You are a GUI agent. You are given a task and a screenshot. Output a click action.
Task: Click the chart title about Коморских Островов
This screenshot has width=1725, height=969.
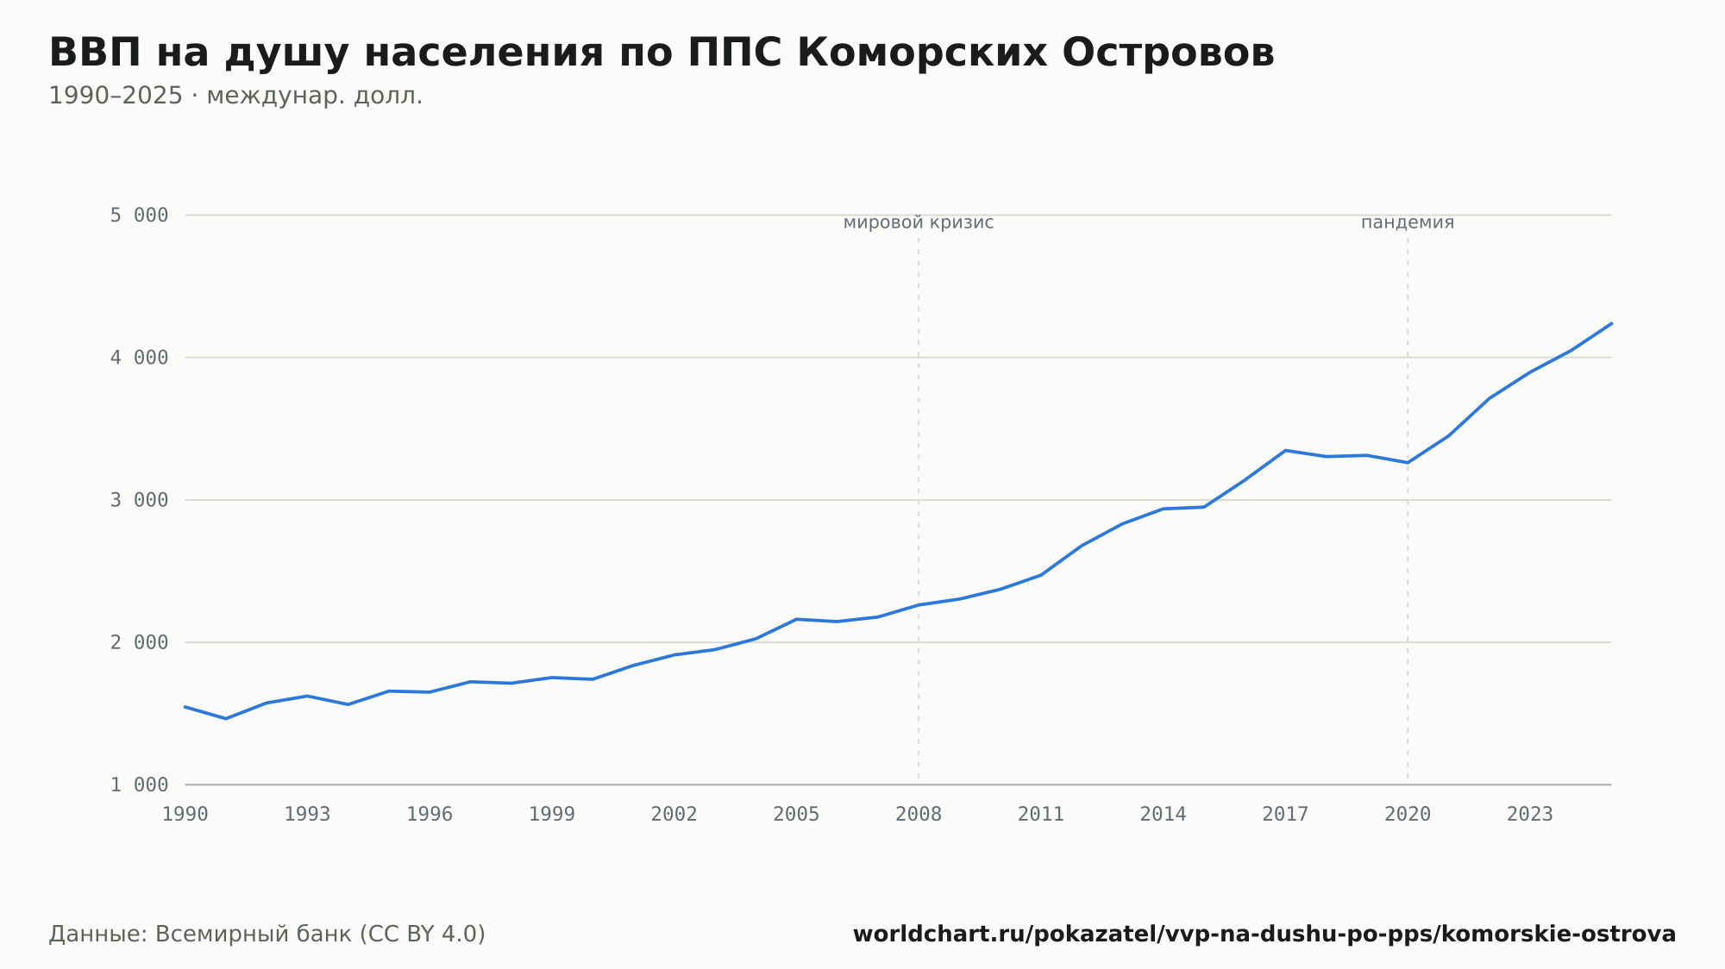point(662,53)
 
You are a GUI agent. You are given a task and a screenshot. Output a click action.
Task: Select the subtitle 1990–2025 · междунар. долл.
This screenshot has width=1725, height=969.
point(235,96)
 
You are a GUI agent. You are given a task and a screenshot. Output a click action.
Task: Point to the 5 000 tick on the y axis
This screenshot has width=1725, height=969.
point(139,216)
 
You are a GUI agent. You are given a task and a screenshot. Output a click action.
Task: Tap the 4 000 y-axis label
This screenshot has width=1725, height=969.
point(139,358)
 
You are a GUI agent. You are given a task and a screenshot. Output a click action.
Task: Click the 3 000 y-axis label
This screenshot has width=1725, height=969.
point(139,500)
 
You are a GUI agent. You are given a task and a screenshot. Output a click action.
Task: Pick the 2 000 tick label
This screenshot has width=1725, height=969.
point(139,642)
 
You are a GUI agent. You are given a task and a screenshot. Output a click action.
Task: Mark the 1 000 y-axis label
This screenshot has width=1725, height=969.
point(139,785)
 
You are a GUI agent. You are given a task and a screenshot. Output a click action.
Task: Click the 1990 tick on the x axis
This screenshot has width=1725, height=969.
point(185,815)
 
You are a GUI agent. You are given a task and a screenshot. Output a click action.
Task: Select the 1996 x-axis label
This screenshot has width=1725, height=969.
point(430,815)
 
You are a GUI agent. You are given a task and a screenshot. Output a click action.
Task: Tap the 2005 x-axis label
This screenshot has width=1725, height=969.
point(796,815)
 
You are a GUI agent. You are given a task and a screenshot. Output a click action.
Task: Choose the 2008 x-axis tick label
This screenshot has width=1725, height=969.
point(919,815)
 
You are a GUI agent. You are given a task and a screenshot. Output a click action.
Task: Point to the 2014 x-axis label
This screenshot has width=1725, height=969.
point(1163,815)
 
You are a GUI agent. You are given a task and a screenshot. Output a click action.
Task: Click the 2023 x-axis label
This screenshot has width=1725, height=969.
point(1529,815)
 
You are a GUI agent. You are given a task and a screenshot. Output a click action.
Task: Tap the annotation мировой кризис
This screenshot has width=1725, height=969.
point(919,222)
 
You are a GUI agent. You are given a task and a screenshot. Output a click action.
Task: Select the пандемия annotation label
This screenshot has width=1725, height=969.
point(1408,222)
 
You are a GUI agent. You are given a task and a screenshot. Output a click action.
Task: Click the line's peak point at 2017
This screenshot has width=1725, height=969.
point(1285,450)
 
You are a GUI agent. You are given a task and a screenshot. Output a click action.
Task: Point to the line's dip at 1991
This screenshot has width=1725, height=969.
point(226,718)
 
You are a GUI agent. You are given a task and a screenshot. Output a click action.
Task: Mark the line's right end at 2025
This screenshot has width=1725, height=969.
point(1611,323)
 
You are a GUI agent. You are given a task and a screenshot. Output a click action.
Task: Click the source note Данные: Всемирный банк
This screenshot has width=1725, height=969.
point(267,935)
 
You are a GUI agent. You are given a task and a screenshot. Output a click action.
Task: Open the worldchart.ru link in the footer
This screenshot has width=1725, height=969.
point(1264,935)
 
